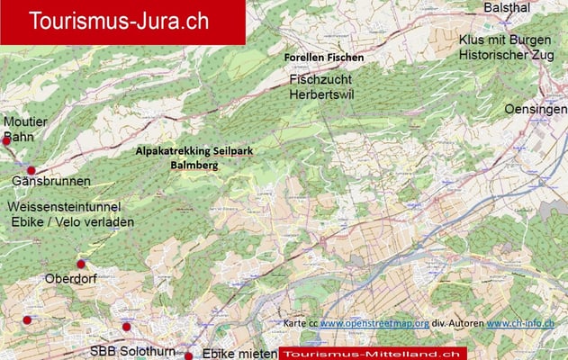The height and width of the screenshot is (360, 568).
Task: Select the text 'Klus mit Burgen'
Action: pos(501,40)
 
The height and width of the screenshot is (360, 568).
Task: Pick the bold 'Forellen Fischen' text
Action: pos(324,58)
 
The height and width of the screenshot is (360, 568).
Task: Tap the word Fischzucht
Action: pos(320,80)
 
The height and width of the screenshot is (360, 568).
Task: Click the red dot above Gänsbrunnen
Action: pos(32,170)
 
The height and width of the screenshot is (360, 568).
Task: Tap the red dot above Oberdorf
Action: pos(81,264)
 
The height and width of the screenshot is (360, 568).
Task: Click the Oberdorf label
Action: pos(70,279)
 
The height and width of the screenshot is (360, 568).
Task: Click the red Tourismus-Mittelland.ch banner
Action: pos(374,353)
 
